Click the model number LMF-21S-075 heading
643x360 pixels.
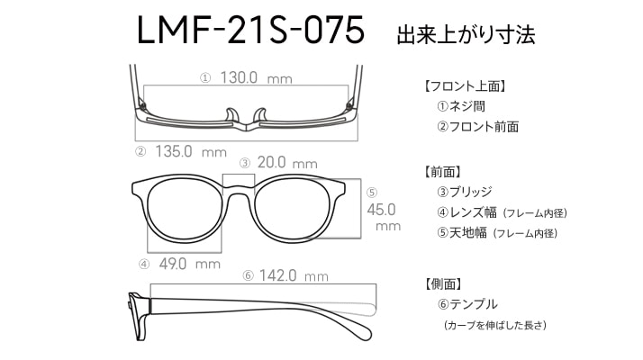click(x=250, y=30)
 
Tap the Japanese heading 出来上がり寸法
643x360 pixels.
click(x=466, y=34)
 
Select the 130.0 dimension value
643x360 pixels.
click(x=239, y=77)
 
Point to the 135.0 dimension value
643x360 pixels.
click(x=174, y=151)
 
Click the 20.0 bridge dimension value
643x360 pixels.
click(x=271, y=162)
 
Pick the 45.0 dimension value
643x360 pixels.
click(x=381, y=210)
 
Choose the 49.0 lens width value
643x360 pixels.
click(x=173, y=264)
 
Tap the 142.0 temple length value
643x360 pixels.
click(x=277, y=275)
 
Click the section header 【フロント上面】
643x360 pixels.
click(x=464, y=86)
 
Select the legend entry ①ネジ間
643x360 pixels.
click(x=461, y=106)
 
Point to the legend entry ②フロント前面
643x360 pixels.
click(x=477, y=126)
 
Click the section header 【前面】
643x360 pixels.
click(x=441, y=172)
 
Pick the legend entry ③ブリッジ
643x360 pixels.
click(x=465, y=192)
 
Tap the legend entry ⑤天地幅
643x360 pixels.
click(x=462, y=233)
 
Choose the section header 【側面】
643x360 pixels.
click(x=442, y=283)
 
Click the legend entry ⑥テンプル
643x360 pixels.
click(x=467, y=304)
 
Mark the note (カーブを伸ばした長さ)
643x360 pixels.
click(x=495, y=325)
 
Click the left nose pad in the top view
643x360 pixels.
click(x=231, y=115)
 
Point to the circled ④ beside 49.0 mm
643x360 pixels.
click(x=144, y=265)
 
